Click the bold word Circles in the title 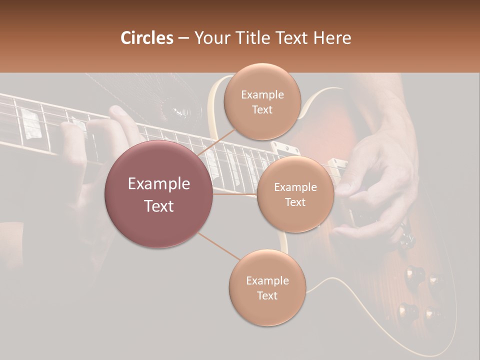pos(147,38)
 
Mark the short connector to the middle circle pos(235,194)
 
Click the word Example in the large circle pos(158,184)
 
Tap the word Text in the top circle pos(262,110)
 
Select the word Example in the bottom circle pos(267,280)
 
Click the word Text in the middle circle pos(295,202)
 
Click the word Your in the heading pos(210,38)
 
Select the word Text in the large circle pos(158,206)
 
